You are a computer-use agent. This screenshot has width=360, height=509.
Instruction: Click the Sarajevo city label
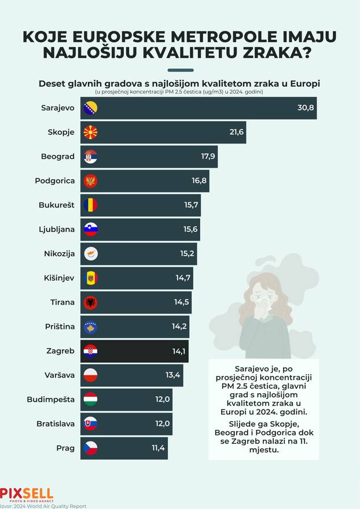click(x=58, y=108)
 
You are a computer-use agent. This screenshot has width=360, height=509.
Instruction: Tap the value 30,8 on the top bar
click(x=305, y=108)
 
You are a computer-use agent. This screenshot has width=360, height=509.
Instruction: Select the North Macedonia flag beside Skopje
click(x=91, y=132)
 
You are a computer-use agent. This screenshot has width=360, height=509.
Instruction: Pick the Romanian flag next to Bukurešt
click(x=91, y=205)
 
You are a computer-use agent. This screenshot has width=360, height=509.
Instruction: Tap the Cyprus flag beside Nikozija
click(x=91, y=253)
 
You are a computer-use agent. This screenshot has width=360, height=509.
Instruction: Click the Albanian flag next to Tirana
click(x=91, y=303)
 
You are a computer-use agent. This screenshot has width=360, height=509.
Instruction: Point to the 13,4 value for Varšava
click(x=173, y=375)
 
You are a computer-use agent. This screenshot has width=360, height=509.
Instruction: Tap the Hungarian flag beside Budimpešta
click(x=91, y=399)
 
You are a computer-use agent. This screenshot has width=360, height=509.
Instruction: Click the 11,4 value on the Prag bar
click(x=158, y=448)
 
